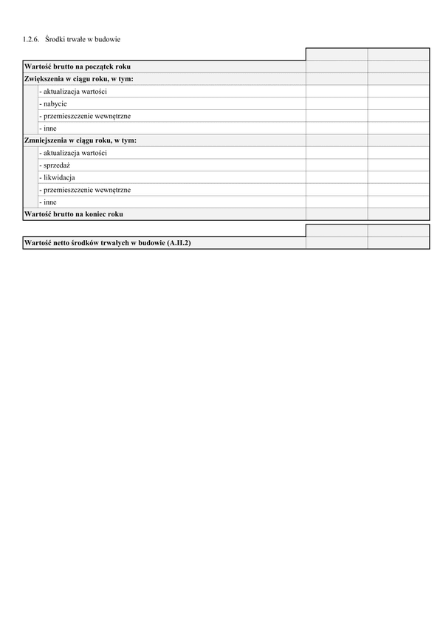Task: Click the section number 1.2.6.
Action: pos(32,38)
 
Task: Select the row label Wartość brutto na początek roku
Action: pos(78,66)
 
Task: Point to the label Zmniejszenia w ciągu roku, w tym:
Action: pos(80,140)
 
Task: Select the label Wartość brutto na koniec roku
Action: pos(74,214)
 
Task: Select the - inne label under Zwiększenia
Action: pos(49,129)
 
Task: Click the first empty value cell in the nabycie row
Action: pos(337,103)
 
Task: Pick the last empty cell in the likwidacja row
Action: pos(399,177)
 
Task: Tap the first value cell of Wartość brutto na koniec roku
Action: pos(337,214)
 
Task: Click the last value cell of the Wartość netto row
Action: pos(399,243)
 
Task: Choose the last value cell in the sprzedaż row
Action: pos(399,165)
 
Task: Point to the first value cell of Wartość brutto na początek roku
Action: pos(337,66)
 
